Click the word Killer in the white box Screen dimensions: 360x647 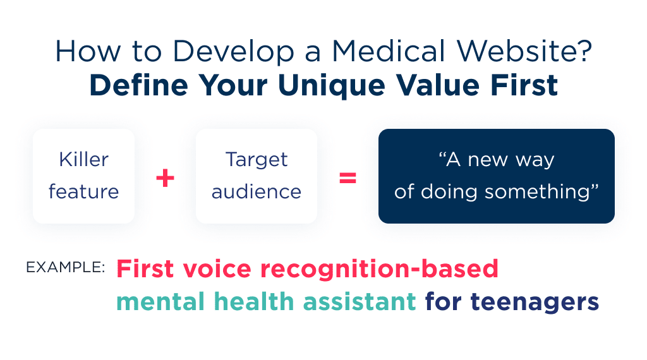[x=83, y=160]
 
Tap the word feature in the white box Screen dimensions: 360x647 [x=83, y=191]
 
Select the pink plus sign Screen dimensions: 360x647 [x=165, y=178]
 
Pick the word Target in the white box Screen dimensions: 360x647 [x=256, y=160]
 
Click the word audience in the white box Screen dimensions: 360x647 [x=256, y=191]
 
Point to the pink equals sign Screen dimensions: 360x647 [x=348, y=178]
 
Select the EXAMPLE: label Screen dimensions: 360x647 [x=66, y=267]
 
